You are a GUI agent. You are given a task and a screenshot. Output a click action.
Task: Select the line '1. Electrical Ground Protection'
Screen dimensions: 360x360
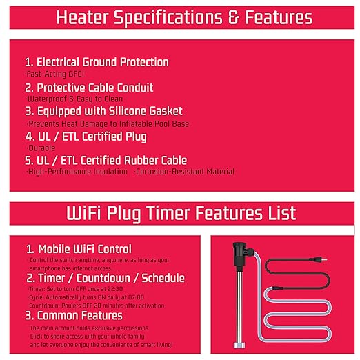point(97,62)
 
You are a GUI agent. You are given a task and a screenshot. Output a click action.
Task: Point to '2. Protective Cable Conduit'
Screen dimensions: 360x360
point(89,88)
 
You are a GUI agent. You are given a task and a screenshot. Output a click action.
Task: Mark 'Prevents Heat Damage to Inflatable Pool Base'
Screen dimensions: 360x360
point(108,123)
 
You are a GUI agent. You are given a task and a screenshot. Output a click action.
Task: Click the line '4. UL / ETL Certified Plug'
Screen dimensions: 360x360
point(86,137)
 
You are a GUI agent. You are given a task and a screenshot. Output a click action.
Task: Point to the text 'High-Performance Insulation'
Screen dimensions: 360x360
point(77,172)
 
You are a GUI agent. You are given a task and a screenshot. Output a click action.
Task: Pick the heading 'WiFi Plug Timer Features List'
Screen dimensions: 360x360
point(179,212)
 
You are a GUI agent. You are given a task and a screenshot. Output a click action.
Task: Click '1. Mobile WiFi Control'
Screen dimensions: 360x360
point(79,249)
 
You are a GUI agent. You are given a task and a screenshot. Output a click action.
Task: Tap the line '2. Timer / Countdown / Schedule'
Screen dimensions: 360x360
point(105,278)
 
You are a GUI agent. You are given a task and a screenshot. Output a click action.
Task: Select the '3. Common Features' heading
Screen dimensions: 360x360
point(74,315)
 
